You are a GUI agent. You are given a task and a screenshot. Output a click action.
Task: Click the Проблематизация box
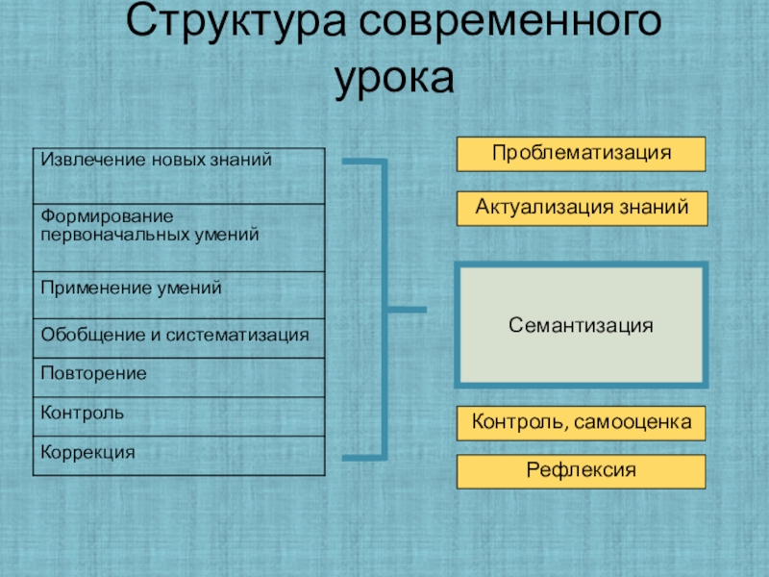pos(581,154)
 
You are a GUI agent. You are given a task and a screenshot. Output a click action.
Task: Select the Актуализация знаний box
pos(581,208)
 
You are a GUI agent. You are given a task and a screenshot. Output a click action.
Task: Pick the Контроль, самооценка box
pos(581,422)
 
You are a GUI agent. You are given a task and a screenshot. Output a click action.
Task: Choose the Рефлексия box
pos(581,471)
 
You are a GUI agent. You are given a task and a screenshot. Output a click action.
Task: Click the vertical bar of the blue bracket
pos(384,308)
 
